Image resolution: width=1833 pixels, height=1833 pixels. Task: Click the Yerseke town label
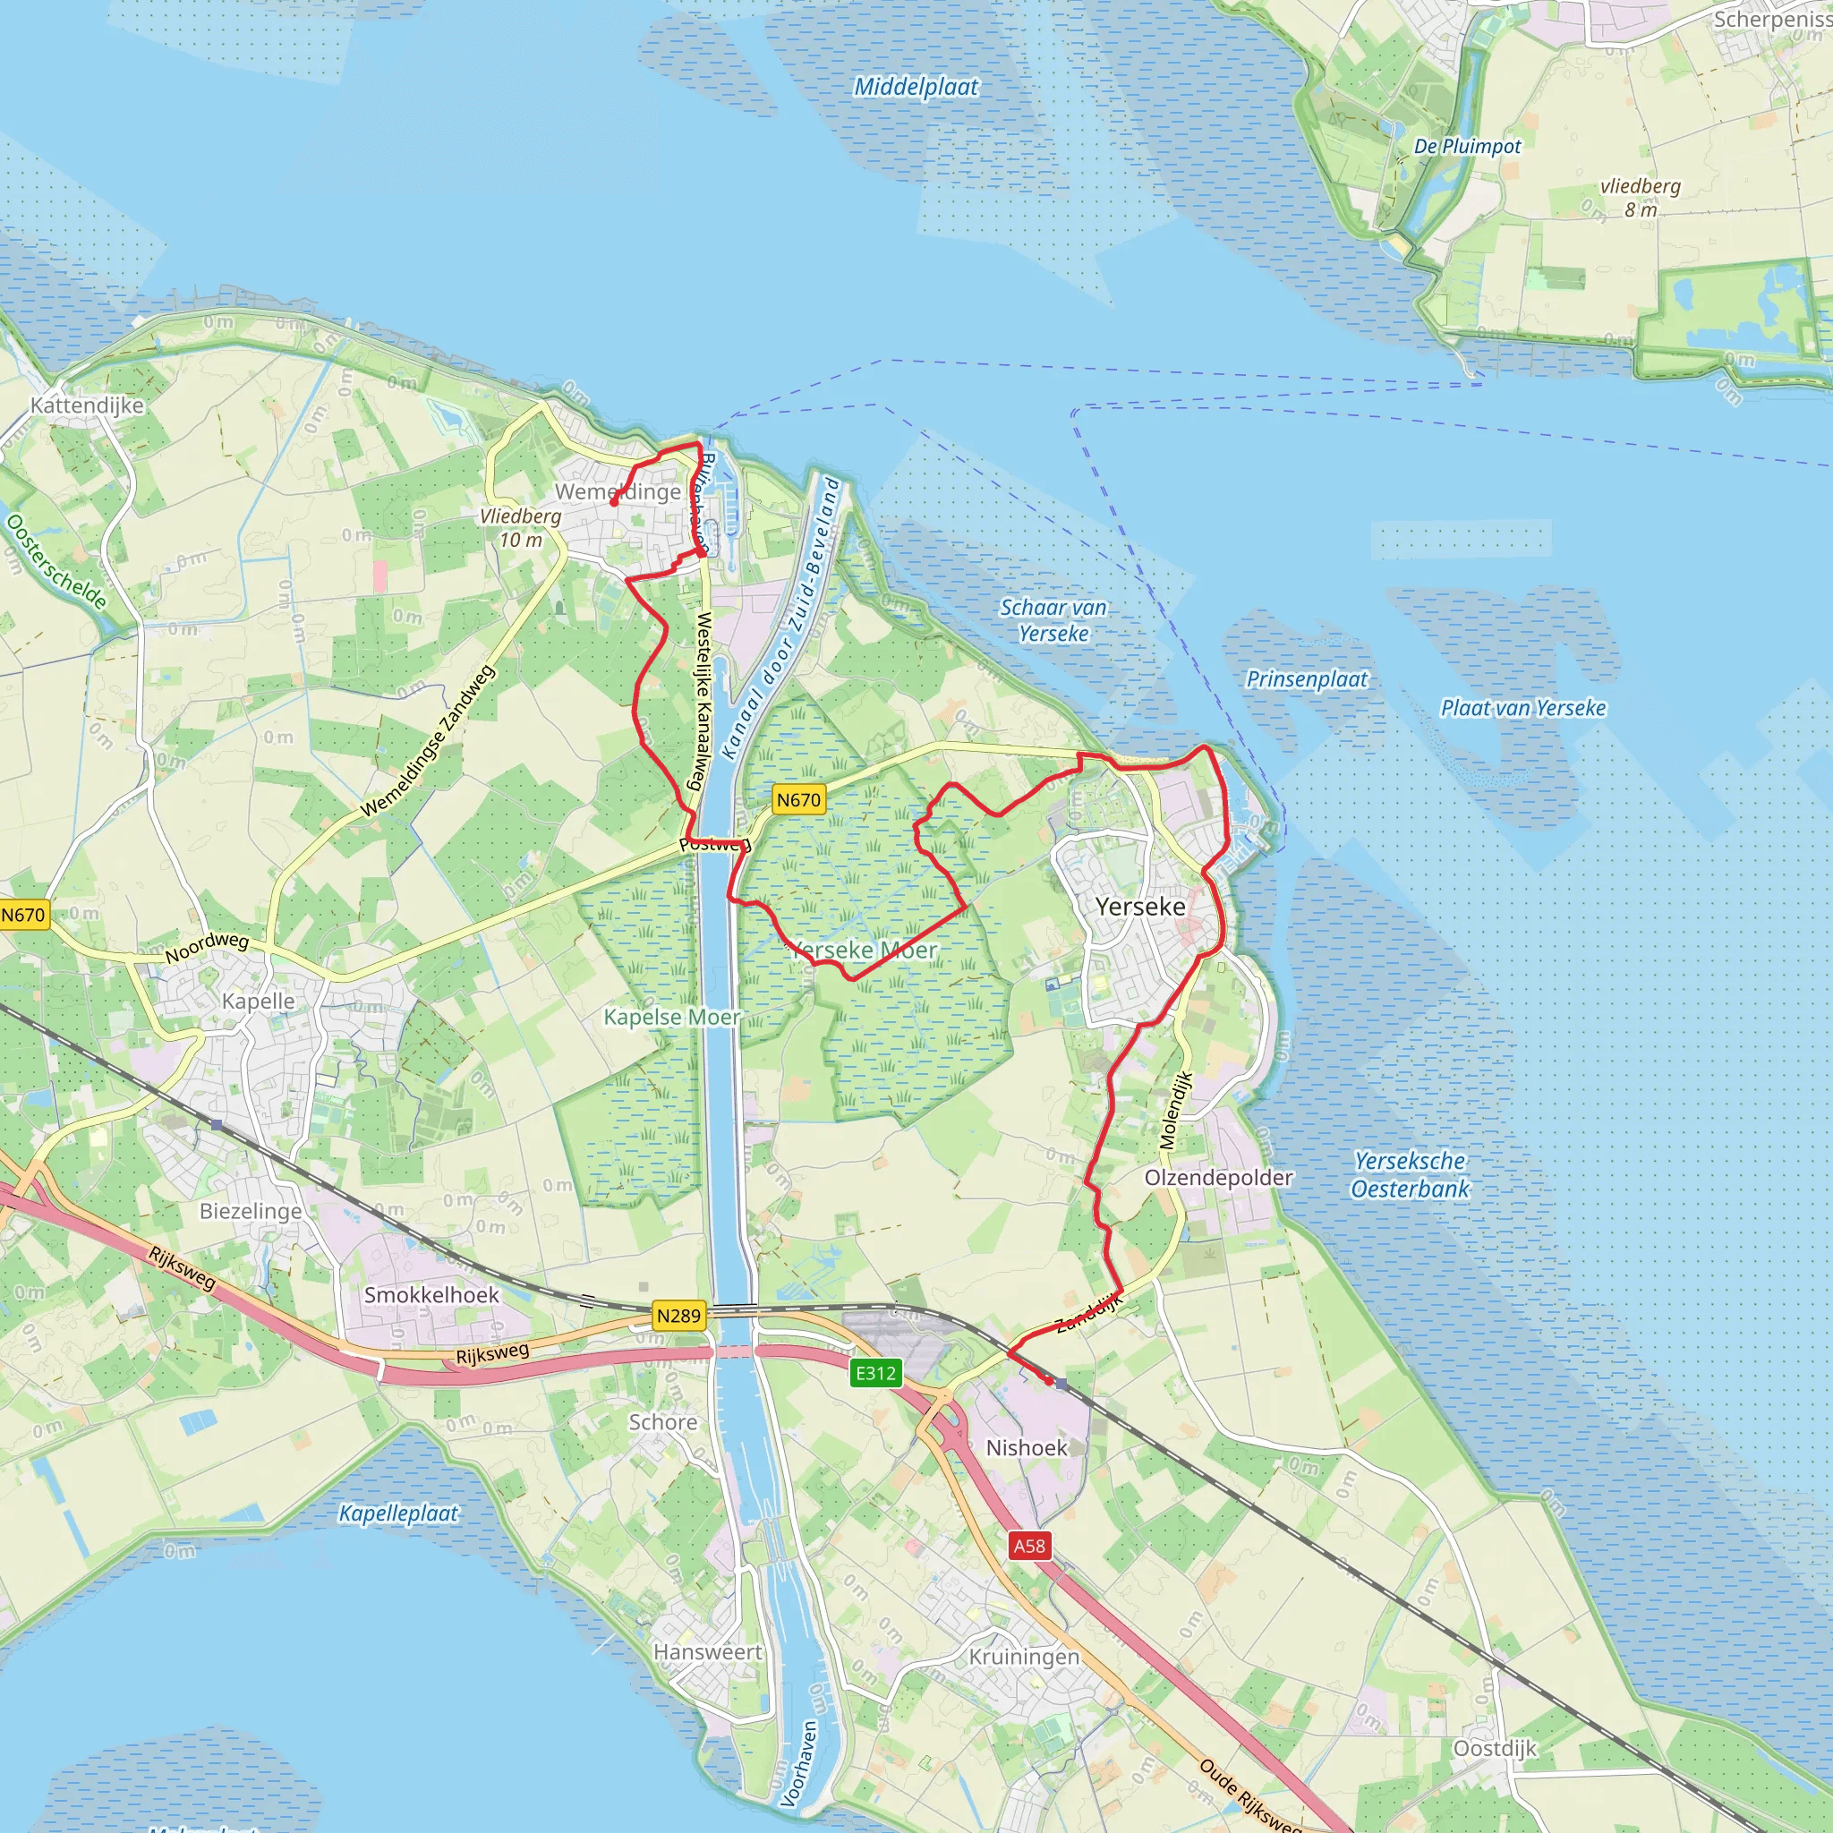pos(1140,906)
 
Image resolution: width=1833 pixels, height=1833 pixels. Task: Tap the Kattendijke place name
pos(88,405)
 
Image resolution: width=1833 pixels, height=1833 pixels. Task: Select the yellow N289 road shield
pos(678,1316)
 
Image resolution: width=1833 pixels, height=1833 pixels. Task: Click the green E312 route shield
pos(875,1373)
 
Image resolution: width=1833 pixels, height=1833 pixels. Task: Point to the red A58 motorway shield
pos(1029,1547)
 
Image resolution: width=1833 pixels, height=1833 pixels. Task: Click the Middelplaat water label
pos(916,88)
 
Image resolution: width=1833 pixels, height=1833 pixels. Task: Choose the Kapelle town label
pos(258,1001)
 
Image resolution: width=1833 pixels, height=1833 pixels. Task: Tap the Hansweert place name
pos(708,1652)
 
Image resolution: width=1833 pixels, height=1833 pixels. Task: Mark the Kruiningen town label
pos(1024,1657)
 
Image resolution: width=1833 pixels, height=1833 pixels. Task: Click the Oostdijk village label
pos(1495,1748)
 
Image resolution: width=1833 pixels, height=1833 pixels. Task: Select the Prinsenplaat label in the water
pos(1307,679)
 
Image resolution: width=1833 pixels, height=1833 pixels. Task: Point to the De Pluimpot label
pos(1467,146)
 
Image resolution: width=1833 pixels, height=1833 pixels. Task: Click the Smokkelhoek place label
pos(431,1295)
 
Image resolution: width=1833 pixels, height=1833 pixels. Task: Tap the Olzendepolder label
pos(1218,1178)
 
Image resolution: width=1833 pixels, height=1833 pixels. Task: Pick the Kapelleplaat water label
pos(398,1513)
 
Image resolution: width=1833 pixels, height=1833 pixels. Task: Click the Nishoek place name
pos(1027,1448)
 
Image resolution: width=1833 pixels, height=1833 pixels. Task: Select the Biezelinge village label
pos(251,1212)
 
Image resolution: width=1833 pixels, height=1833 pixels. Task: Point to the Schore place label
pos(663,1422)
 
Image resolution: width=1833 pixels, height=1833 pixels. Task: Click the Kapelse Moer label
pos(672,1017)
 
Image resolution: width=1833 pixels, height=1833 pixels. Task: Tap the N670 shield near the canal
pos(797,800)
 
